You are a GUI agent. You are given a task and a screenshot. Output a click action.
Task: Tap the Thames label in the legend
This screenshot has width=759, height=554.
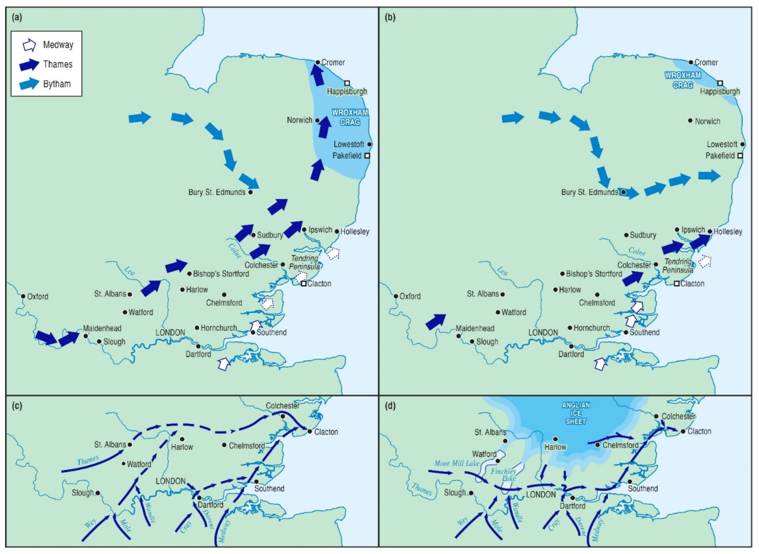tap(58, 64)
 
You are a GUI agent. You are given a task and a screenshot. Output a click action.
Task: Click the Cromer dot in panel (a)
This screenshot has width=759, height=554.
tap(317, 62)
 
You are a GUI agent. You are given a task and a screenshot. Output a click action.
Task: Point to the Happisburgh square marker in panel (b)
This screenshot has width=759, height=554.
tap(720, 83)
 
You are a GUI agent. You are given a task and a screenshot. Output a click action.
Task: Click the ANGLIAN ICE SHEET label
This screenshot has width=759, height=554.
tap(576, 413)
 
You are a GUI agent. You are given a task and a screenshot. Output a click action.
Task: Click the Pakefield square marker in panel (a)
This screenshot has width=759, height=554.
tap(367, 156)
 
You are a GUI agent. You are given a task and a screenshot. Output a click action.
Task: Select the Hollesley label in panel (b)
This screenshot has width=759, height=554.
tap(728, 232)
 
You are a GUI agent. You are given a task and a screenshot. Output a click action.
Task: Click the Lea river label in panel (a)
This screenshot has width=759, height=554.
tap(129, 271)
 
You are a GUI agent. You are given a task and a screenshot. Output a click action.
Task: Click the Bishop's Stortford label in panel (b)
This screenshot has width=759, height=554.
tap(594, 274)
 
